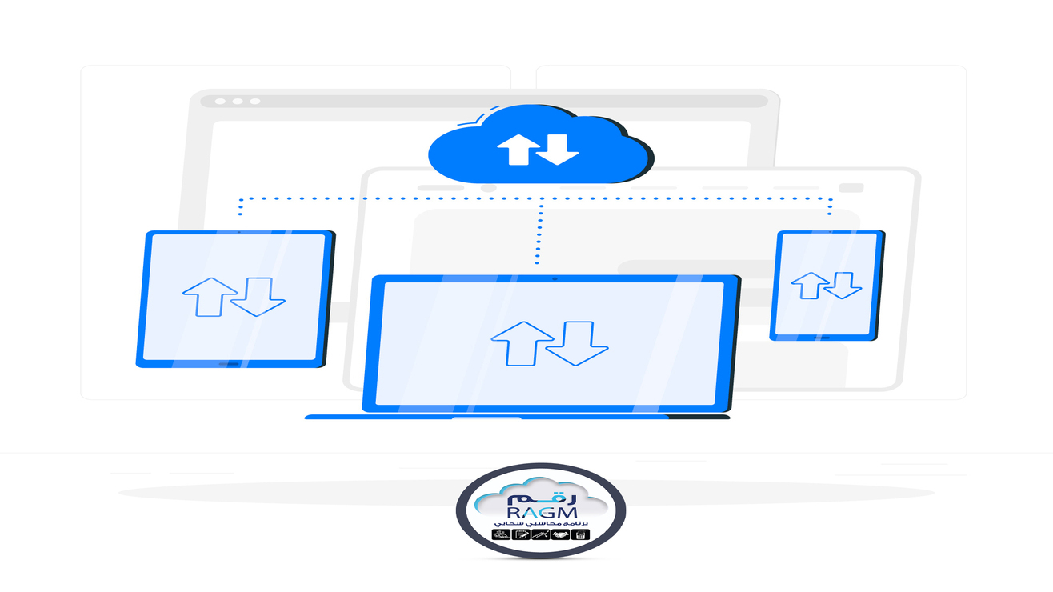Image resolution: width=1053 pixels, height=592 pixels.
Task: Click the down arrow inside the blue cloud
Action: pos(557,150)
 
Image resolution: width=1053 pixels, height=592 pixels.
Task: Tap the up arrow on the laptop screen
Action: pos(522,342)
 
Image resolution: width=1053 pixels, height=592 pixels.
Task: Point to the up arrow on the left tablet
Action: pos(210,297)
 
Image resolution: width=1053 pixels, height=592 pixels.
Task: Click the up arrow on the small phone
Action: pos(810,285)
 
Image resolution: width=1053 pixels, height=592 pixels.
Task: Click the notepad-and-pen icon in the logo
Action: pos(520,534)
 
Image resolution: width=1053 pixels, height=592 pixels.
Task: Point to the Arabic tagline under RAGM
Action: pos(543,523)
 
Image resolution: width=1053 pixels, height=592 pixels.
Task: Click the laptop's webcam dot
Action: pos(553,279)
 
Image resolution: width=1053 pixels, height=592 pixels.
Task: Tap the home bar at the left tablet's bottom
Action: pos(230,363)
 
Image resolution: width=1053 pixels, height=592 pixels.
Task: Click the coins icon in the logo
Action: pos(502,534)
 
